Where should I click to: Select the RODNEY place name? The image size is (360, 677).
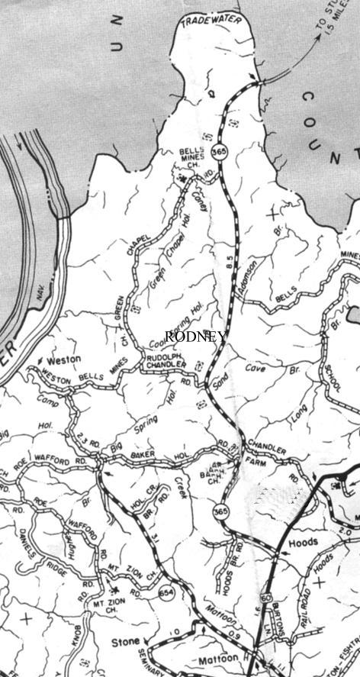tap(194, 337)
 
